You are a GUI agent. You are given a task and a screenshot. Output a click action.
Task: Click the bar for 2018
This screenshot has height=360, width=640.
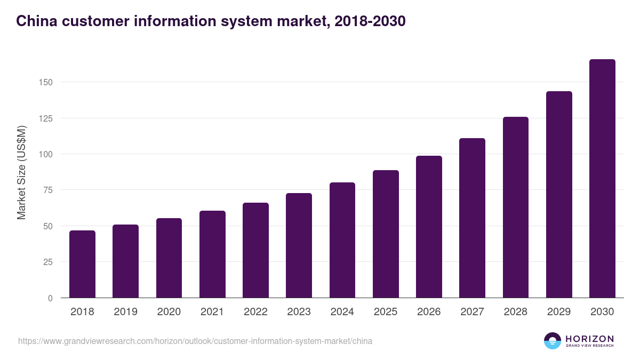coord(82,264)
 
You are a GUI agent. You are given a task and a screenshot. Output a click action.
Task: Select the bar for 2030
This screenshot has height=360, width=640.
coord(602,179)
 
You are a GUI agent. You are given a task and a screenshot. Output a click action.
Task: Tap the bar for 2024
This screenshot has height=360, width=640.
coord(342,240)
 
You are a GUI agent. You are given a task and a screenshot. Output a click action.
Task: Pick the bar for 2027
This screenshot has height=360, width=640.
coord(472,218)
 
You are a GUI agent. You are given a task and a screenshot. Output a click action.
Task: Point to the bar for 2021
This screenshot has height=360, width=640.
coord(212,254)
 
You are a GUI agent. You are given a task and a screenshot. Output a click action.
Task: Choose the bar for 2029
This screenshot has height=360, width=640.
coord(559,195)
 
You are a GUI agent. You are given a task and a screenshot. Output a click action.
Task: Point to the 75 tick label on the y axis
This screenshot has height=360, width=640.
coord(48,190)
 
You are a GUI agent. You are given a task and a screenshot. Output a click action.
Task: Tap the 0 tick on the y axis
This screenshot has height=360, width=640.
coord(50,298)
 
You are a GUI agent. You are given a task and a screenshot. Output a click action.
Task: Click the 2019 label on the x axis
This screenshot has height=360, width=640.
coord(125,312)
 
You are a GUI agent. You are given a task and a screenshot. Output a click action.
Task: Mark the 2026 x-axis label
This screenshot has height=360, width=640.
coord(429,312)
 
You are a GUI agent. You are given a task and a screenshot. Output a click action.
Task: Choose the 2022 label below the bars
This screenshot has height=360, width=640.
coord(255,312)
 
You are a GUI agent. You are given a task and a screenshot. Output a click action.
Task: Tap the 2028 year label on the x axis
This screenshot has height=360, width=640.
coord(515,312)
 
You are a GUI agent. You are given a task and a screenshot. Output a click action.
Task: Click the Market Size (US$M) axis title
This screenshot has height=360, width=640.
coord(21,173)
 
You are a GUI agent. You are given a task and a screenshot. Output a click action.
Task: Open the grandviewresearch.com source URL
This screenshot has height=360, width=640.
coord(195,341)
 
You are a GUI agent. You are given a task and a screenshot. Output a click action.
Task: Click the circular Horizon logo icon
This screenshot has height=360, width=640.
coord(553,341)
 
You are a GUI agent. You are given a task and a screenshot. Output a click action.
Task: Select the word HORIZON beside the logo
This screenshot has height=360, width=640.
coord(589,339)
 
